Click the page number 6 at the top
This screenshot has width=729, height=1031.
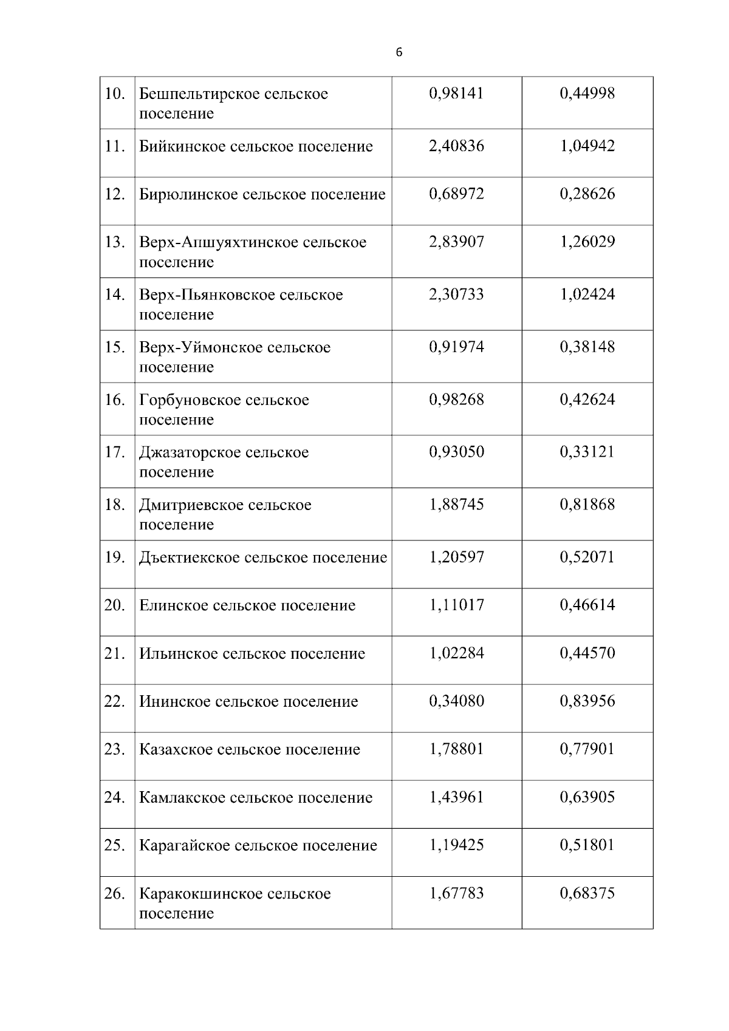(399, 53)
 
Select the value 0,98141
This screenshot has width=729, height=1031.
(456, 94)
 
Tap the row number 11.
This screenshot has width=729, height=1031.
(114, 146)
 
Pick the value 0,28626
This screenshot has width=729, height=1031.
(587, 194)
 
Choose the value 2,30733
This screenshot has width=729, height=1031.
(456, 294)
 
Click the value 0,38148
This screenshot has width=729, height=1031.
(587, 347)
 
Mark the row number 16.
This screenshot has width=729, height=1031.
(114, 400)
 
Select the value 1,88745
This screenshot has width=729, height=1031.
(456, 505)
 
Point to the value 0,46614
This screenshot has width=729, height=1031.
(587, 605)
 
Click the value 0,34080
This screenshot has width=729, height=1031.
(456, 701)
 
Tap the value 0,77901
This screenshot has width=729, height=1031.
(587, 749)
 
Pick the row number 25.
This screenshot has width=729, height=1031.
(114, 846)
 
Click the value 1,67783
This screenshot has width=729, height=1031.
(456, 894)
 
